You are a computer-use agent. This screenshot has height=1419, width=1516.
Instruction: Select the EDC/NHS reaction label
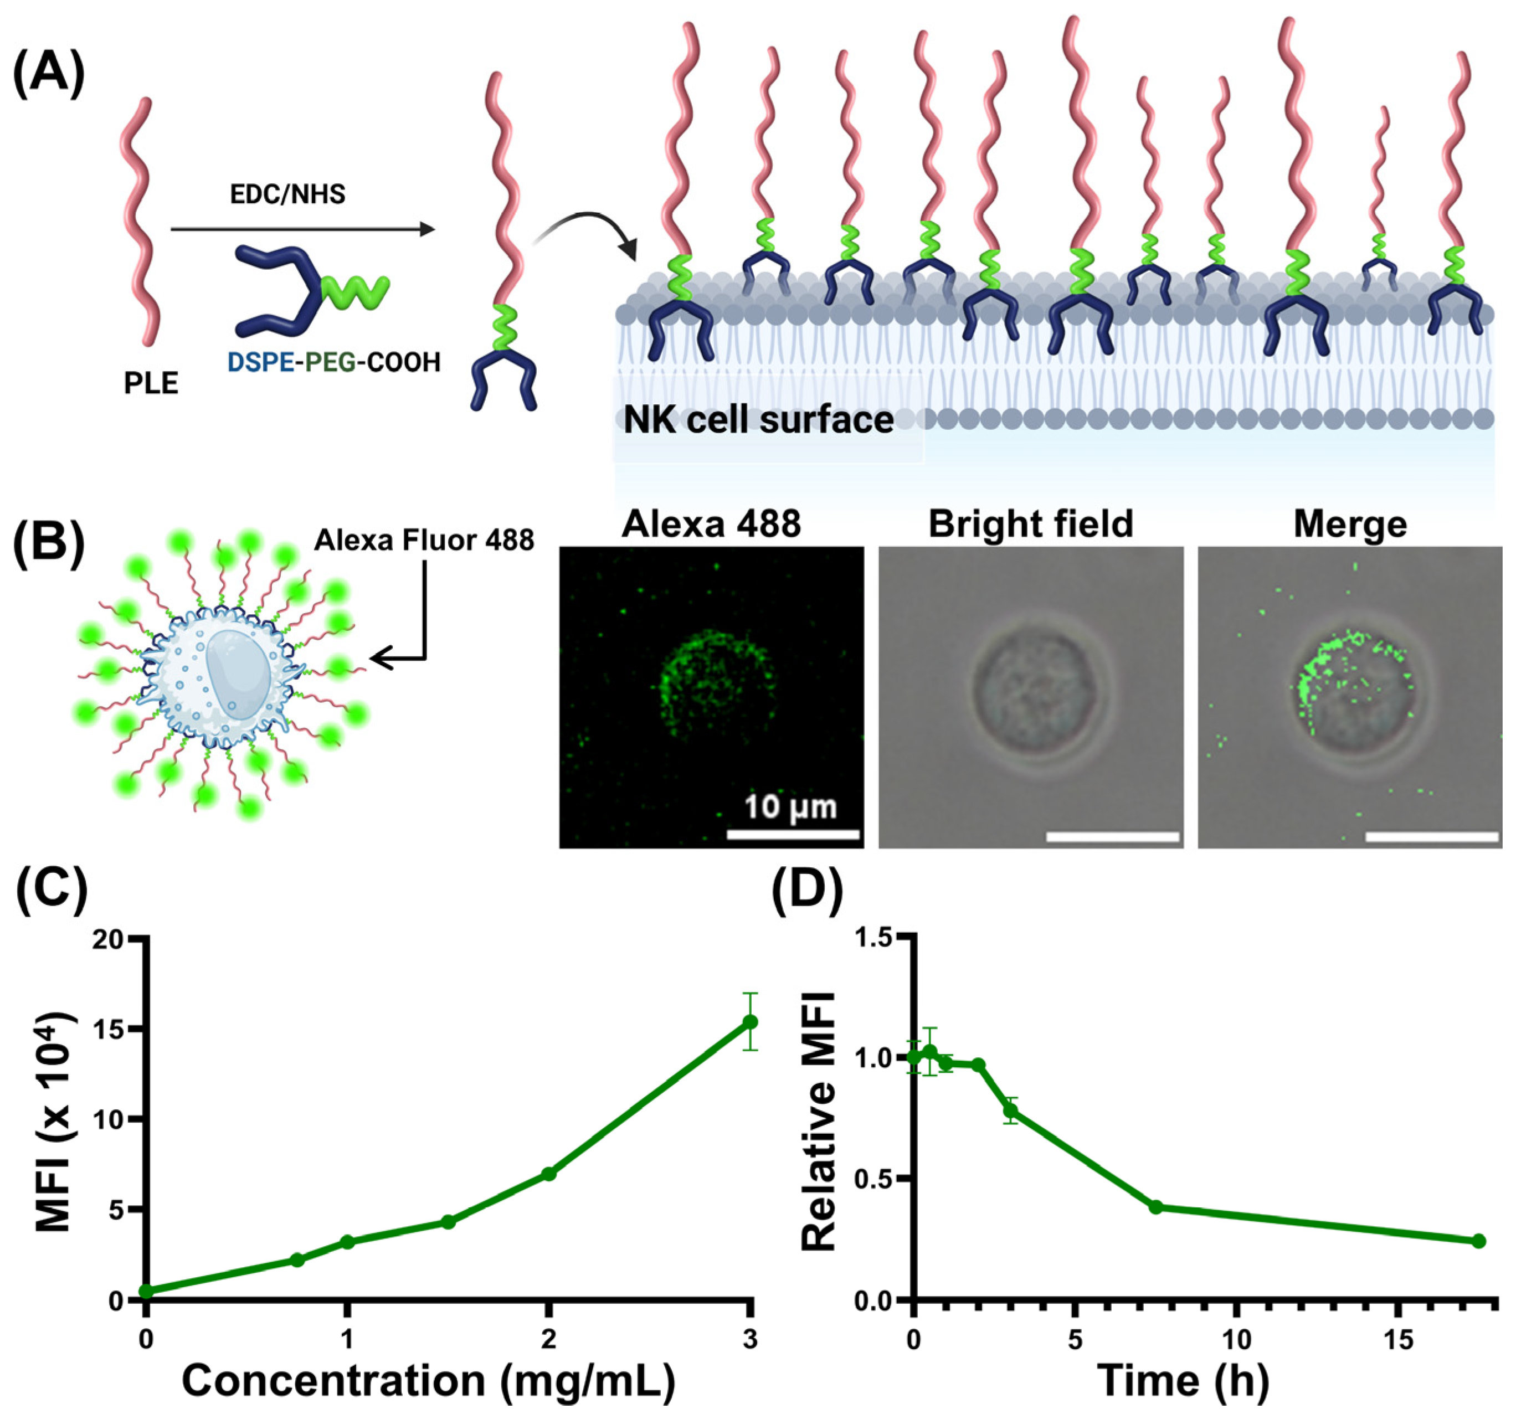(287, 194)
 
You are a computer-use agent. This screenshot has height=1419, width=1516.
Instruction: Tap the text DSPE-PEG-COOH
(334, 362)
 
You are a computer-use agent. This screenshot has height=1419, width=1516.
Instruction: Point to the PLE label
(151, 383)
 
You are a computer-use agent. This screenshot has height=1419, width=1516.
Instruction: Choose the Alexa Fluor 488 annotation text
(424, 540)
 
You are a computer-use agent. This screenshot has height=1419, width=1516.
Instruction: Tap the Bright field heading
(1030, 525)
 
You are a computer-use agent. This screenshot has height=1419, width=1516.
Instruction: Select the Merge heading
(1350, 524)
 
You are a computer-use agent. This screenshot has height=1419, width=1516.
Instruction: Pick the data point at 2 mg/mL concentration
(548, 1174)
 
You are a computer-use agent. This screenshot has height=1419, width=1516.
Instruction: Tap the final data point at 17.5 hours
(1479, 1241)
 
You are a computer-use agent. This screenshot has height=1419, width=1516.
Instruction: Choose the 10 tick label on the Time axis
(1236, 1339)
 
